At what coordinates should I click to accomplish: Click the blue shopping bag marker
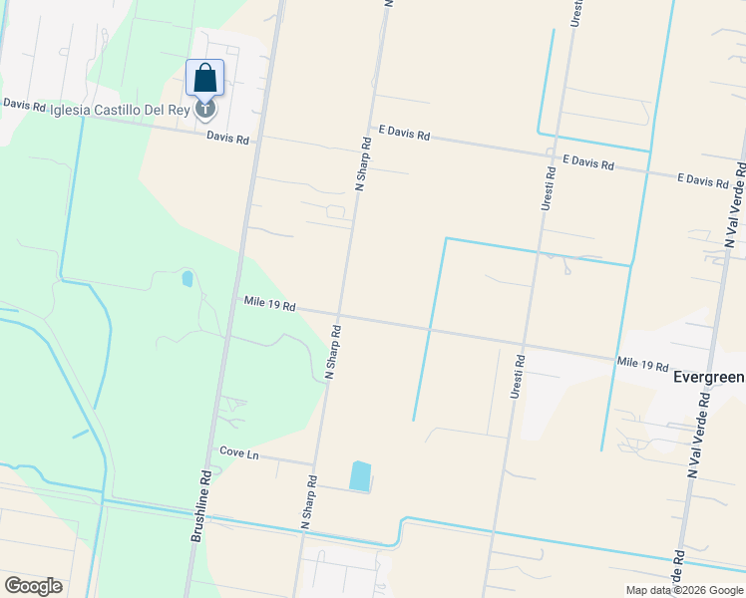click(x=204, y=77)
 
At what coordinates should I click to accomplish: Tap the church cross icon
click(x=204, y=108)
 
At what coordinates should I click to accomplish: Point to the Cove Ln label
click(x=238, y=454)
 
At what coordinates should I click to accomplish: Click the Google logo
click(x=33, y=586)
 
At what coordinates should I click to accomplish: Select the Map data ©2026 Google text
click(x=683, y=590)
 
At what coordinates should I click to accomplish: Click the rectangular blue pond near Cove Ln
click(x=359, y=475)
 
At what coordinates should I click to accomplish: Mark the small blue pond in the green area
click(x=187, y=279)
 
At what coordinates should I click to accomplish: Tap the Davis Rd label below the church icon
click(x=227, y=139)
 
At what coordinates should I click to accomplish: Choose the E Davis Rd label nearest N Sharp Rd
click(x=404, y=134)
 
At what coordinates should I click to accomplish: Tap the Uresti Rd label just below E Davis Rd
click(x=548, y=187)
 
